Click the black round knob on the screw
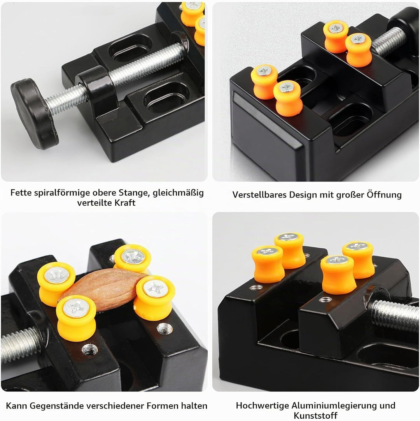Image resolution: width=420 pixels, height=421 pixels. pyautogui.click(x=34, y=114)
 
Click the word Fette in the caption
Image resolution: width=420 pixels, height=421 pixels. pyautogui.click(x=21, y=192)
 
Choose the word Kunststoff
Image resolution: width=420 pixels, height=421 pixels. pyautogui.click(x=315, y=416)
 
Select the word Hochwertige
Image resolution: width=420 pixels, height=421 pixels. pyautogui.click(x=262, y=405)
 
